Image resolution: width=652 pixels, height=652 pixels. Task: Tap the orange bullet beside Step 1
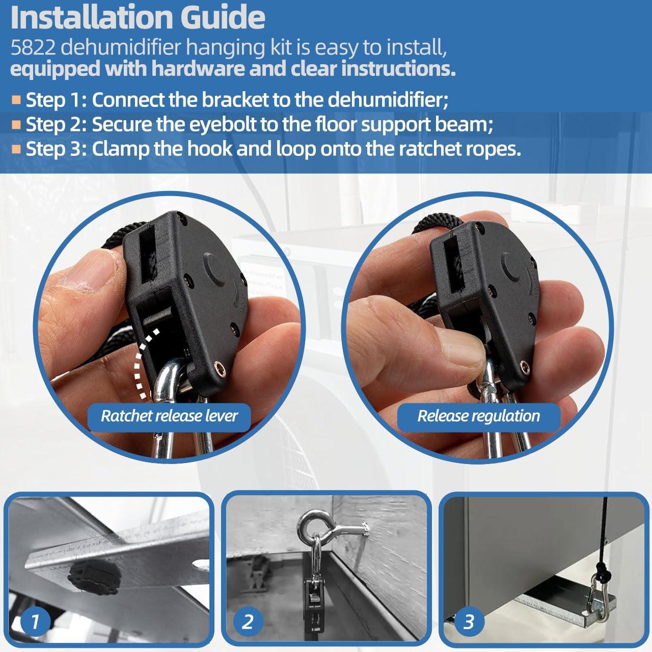[x=16, y=99]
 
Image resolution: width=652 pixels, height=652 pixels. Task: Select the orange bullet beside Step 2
[x=16, y=124]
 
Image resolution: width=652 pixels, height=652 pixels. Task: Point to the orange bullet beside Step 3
[x=16, y=149]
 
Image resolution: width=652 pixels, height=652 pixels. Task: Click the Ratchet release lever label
[x=169, y=416]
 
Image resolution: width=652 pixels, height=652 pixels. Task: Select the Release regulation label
[x=478, y=416]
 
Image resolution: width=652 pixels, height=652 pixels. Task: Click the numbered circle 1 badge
[x=35, y=621]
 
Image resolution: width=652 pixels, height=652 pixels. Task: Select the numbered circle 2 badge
[x=248, y=621]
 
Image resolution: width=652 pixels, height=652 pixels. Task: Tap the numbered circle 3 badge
[x=468, y=621]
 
